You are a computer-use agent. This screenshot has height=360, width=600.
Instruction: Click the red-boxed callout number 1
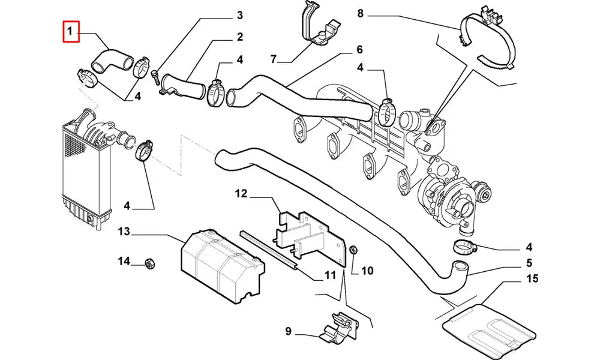click(x=71, y=31)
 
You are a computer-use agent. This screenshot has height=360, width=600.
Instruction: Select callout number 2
click(x=239, y=37)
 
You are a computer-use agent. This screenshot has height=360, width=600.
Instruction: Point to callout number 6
click(x=359, y=49)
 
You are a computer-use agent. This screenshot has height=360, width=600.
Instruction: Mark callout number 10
click(x=367, y=271)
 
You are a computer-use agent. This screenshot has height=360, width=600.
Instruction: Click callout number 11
click(x=330, y=275)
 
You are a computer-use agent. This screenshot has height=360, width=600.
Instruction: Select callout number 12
click(x=241, y=193)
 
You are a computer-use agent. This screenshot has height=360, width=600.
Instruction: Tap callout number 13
click(x=124, y=232)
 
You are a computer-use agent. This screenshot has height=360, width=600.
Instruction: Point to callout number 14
click(x=124, y=261)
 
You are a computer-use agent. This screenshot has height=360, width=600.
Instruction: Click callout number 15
click(x=532, y=278)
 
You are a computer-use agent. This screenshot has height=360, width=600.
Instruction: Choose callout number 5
click(x=530, y=262)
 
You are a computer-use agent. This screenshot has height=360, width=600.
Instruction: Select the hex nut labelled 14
click(x=148, y=262)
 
